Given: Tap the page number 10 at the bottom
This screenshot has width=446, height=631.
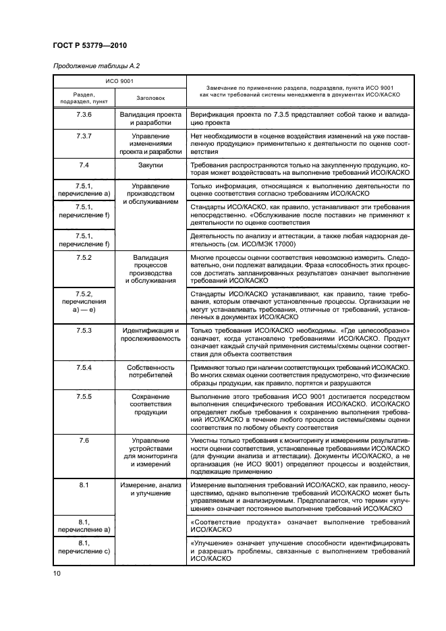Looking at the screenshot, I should click(x=57, y=573).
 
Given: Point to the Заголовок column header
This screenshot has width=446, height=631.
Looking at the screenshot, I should click(x=150, y=97).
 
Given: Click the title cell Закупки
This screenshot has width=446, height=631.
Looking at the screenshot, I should click(x=150, y=165).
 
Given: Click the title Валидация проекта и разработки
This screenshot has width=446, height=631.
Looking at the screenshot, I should click(x=150, y=119).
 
